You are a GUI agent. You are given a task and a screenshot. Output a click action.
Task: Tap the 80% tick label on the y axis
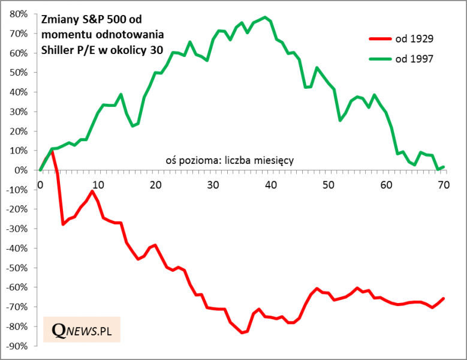click(x=19, y=14)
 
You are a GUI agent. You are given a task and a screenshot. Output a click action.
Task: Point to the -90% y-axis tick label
click(x=17, y=346)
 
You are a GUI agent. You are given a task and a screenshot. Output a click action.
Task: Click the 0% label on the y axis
click(x=22, y=170)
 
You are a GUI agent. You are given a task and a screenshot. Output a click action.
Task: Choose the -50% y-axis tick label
click(x=17, y=268)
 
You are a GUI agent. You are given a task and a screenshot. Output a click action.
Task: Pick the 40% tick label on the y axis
click(x=19, y=92)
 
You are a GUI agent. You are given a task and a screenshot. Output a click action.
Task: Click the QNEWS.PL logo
click(x=82, y=329)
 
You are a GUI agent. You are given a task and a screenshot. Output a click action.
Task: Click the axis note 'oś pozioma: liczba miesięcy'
click(x=229, y=160)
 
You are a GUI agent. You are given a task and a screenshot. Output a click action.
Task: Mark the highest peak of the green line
click(x=264, y=17)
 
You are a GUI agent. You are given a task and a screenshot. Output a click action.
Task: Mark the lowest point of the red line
click(x=242, y=332)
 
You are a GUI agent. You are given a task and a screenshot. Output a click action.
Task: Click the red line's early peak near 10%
click(x=52, y=151)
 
